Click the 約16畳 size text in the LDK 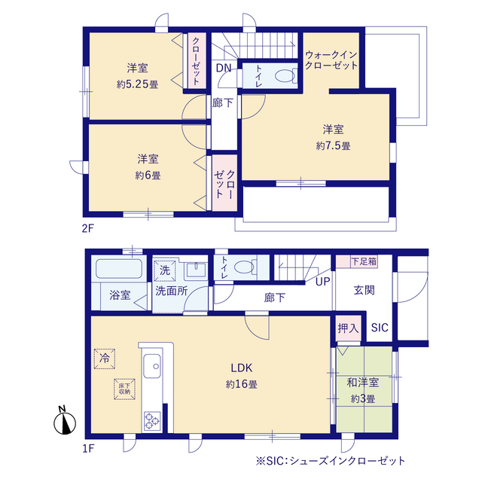pyautogui.click(x=242, y=384)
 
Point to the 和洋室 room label pyautogui.click(x=363, y=383)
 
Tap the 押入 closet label pyautogui.click(x=347, y=328)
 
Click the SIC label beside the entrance pyautogui.click(x=378, y=328)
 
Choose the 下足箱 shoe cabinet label pyautogui.click(x=364, y=261)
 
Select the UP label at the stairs pyautogui.click(x=322, y=282)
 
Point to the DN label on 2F pyautogui.click(x=224, y=69)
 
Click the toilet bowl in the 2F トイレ pyautogui.click(x=284, y=75)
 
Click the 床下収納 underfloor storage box pyautogui.click(x=124, y=389)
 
